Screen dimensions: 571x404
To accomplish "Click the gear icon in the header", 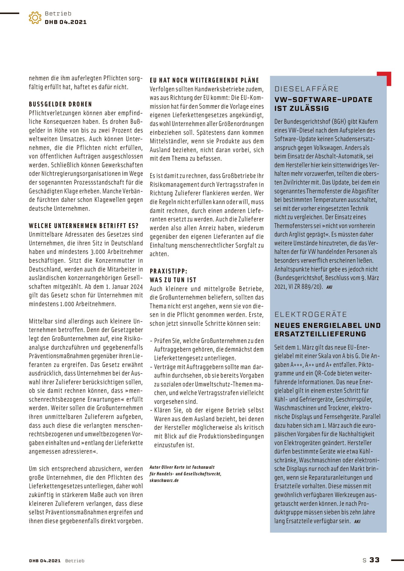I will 35,18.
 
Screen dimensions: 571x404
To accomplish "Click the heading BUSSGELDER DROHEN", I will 60,104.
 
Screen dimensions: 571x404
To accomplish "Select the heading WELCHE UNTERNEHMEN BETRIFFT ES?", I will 84,226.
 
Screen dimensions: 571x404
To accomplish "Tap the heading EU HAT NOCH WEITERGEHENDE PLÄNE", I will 204,80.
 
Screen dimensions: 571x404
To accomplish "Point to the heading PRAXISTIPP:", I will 168,271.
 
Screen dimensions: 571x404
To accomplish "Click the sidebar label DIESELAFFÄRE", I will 307,89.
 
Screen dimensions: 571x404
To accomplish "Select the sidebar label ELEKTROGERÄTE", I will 311,314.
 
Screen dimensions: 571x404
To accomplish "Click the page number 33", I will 374,560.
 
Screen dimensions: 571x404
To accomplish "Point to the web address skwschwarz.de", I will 164,480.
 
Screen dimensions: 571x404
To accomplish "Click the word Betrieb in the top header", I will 58,13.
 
